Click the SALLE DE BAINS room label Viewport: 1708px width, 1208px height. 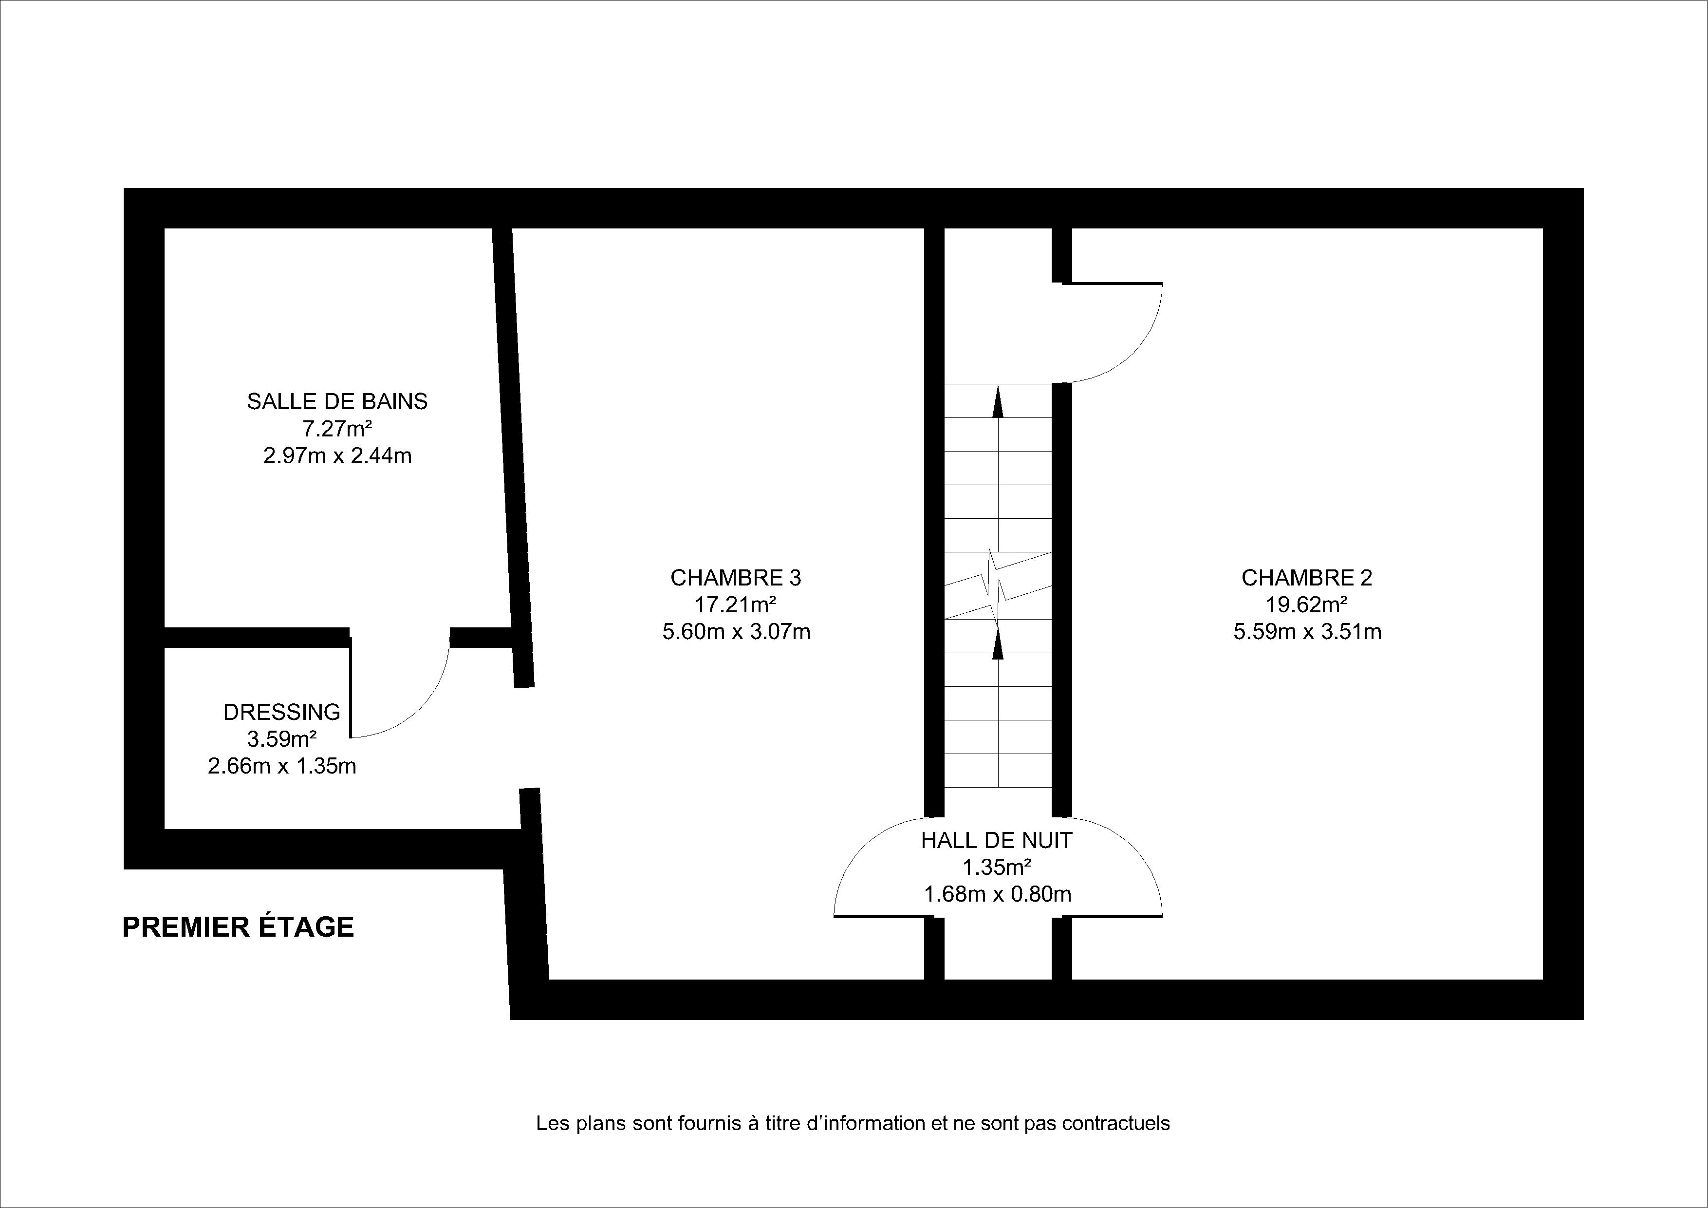pyautogui.click(x=337, y=402)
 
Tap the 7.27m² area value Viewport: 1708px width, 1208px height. pyautogui.click(x=337, y=429)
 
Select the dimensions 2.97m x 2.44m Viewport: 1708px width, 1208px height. pyautogui.click(x=337, y=455)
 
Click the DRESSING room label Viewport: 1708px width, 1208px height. pyautogui.click(x=282, y=712)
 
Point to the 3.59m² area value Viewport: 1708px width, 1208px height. pyautogui.click(x=282, y=739)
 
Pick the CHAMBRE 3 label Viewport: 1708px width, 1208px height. pyautogui.click(x=736, y=578)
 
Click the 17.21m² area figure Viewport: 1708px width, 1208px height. pyautogui.click(x=736, y=604)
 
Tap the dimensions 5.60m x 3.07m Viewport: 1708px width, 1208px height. pyautogui.click(x=736, y=632)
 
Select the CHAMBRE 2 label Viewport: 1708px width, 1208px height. pyautogui.click(x=1307, y=578)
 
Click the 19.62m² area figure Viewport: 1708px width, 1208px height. pyautogui.click(x=1307, y=604)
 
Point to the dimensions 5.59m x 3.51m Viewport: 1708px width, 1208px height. pyautogui.click(x=1307, y=632)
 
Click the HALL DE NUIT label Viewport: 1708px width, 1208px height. pyautogui.click(x=997, y=841)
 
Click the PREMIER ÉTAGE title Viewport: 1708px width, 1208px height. pyautogui.click(x=238, y=927)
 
